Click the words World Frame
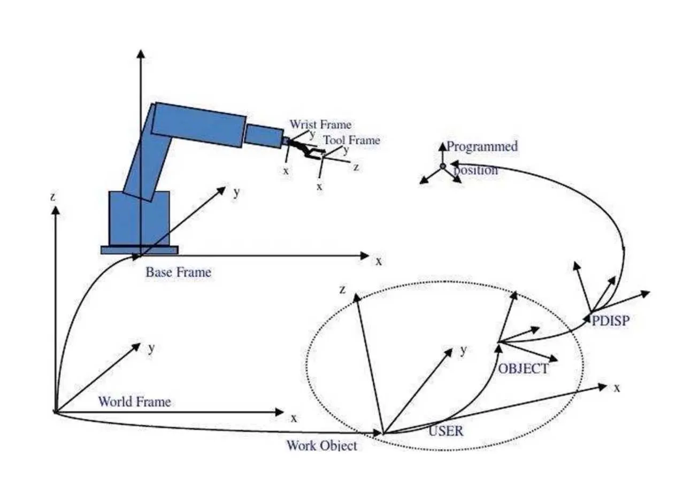[x=134, y=401]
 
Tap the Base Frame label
[x=178, y=272]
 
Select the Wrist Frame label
[x=320, y=125]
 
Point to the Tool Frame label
[x=351, y=140]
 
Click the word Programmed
[x=482, y=146]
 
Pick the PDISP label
[x=610, y=321]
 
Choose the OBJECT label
[x=523, y=369]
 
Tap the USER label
[x=446, y=431]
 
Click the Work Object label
[x=322, y=445]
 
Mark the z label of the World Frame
[x=53, y=197]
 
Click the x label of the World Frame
[x=294, y=418]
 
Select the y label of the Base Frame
[x=236, y=192]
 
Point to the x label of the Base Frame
[x=379, y=261]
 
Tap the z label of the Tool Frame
[x=356, y=167]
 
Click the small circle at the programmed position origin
[x=442, y=166]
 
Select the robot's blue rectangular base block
[x=139, y=218]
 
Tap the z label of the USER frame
[x=342, y=289]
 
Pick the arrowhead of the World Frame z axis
[x=56, y=211]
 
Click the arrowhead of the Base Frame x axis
[x=365, y=256]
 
